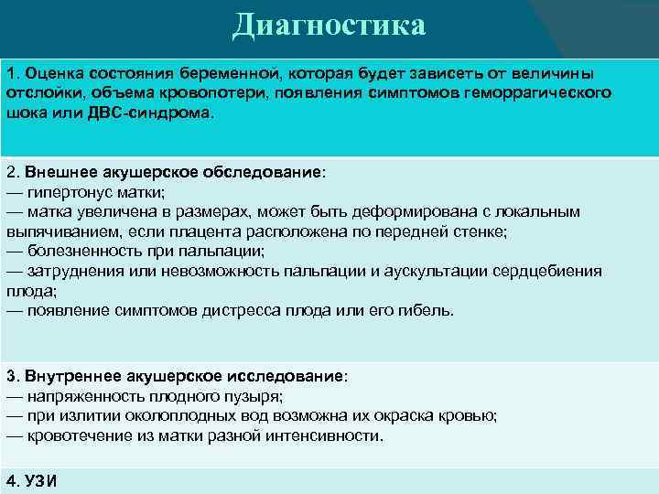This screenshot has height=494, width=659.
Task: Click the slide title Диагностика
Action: [x=329, y=25]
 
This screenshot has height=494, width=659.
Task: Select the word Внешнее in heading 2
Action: [x=58, y=171]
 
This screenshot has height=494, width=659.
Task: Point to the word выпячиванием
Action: [x=51, y=231]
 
